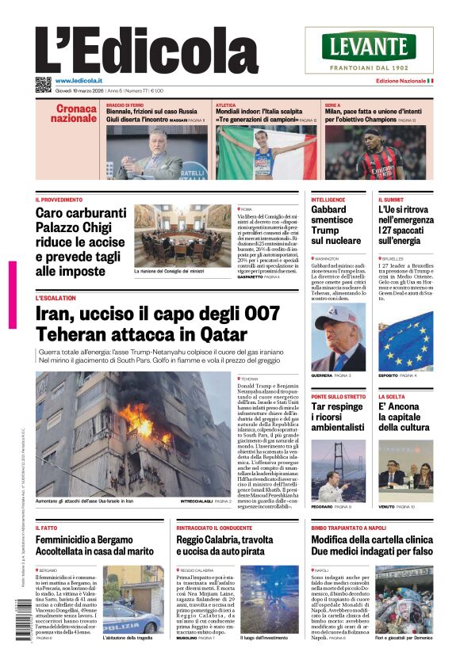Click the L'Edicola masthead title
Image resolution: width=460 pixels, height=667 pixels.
[135, 50]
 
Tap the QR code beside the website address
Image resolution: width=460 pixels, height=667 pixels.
[43, 84]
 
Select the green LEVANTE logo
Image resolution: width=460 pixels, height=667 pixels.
[369, 46]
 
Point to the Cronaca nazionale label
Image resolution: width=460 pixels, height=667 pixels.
[74, 113]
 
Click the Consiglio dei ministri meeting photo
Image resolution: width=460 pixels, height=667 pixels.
[182, 236]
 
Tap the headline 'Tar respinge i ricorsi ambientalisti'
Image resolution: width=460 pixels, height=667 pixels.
[337, 417]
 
